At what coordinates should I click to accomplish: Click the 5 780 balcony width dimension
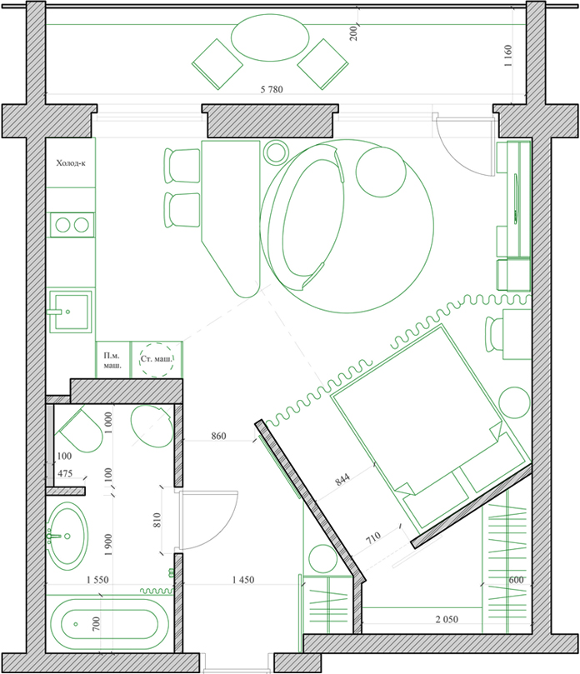(x=272, y=89)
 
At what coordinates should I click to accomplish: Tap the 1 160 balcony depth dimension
(x=508, y=56)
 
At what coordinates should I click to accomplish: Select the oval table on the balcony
(x=270, y=37)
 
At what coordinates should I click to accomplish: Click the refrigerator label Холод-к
(x=71, y=163)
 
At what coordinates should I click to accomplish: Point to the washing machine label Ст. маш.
(x=157, y=358)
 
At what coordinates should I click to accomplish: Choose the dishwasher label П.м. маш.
(x=112, y=361)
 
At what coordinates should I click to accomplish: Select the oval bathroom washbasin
(x=67, y=536)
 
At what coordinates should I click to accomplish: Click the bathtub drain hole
(x=76, y=624)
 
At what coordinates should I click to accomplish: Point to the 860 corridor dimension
(x=218, y=436)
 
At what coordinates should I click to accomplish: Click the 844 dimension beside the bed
(x=342, y=479)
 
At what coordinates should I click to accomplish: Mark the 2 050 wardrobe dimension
(x=447, y=619)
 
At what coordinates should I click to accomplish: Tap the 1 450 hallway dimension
(x=243, y=580)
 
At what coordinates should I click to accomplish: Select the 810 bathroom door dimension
(x=157, y=520)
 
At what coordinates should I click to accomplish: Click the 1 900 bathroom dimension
(x=108, y=545)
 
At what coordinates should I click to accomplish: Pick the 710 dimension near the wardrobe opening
(x=373, y=537)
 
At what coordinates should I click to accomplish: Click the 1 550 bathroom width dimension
(x=97, y=580)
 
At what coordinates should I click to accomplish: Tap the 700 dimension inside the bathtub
(x=96, y=624)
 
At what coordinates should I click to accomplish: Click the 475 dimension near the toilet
(x=65, y=473)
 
